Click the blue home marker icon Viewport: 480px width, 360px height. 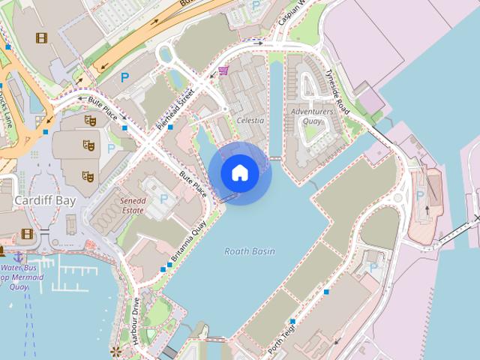(x=239, y=172)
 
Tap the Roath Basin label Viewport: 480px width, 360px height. (x=250, y=252)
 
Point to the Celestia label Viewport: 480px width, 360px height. (x=250, y=120)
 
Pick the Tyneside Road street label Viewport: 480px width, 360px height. (x=337, y=91)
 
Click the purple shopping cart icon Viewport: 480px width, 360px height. (x=223, y=71)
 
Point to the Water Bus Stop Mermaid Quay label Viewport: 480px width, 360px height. (x=22, y=277)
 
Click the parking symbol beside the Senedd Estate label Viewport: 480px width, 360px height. (x=164, y=199)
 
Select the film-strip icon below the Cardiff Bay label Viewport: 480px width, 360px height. (x=28, y=233)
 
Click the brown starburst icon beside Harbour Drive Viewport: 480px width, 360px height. (x=115, y=350)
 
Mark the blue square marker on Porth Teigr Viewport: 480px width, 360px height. (x=292, y=321)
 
